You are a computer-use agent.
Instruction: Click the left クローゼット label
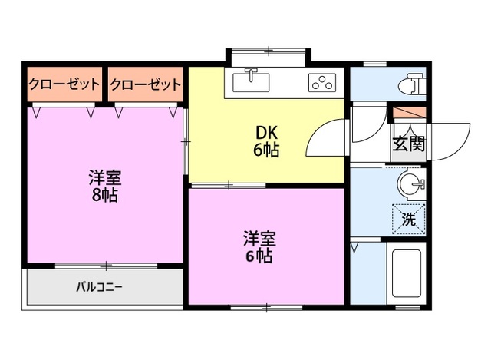64,85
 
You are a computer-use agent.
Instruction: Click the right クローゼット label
145,85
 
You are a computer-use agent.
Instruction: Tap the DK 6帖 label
266,140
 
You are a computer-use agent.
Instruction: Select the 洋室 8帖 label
104,186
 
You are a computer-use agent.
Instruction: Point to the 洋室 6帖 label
259,246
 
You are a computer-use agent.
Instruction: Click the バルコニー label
99,288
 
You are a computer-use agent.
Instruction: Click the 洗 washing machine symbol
409,218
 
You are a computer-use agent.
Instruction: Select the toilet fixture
411,82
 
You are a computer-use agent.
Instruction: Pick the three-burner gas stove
321,82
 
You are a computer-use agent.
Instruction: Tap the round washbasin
410,184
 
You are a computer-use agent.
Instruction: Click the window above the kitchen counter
269,51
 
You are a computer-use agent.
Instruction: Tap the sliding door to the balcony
105,265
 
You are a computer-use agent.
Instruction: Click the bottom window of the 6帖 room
266,308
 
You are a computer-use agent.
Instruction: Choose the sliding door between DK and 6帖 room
228,185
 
